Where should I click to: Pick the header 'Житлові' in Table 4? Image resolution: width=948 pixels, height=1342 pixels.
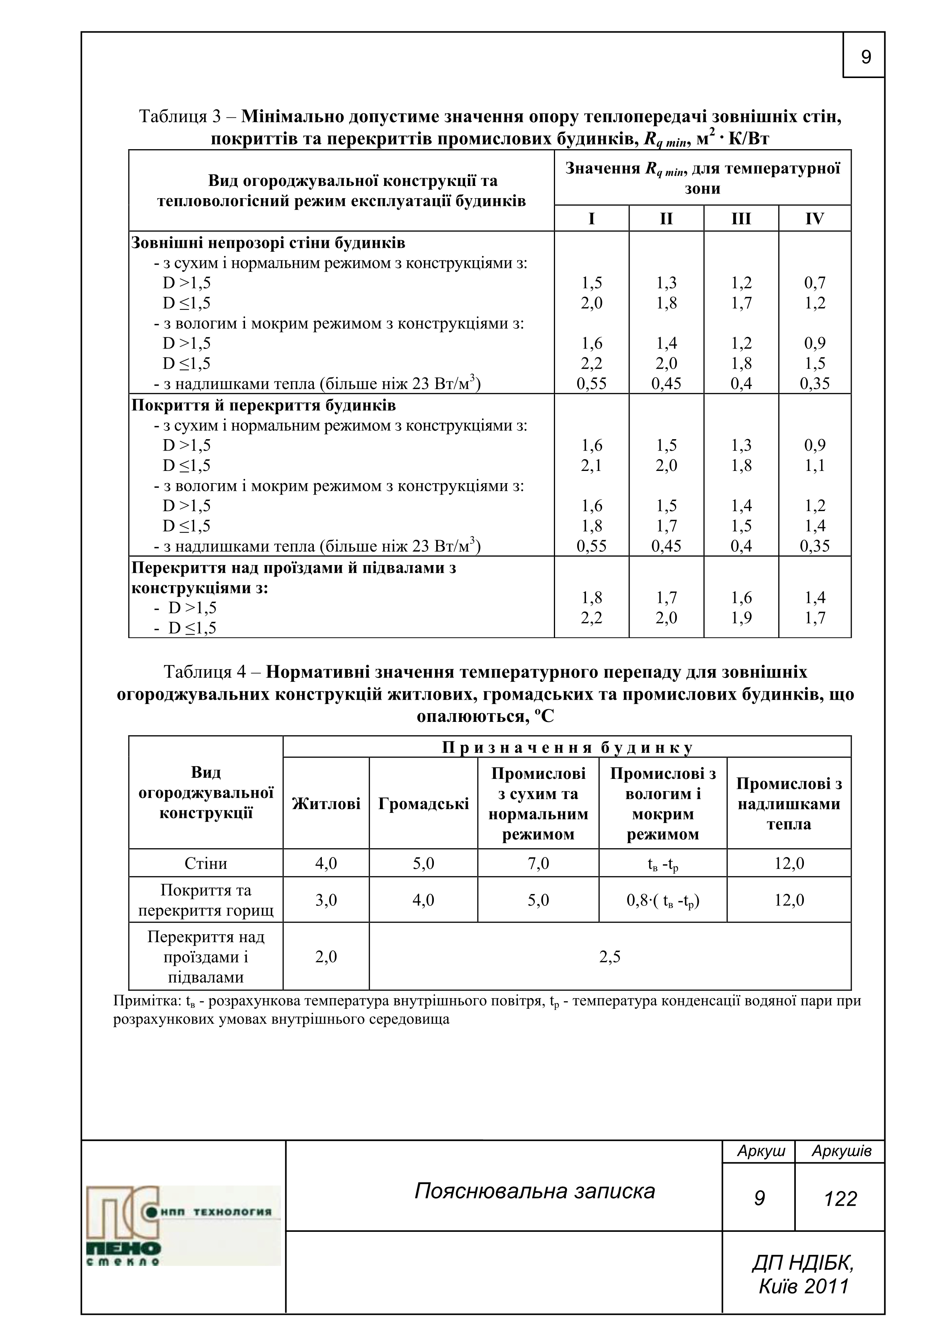point(326,804)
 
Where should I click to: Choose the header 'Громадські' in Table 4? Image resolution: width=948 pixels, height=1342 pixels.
point(424,804)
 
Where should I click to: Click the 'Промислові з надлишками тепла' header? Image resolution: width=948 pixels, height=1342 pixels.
point(789,804)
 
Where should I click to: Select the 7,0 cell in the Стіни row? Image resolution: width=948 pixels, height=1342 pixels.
point(537,863)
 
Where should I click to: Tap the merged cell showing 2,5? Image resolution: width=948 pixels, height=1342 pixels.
point(610,957)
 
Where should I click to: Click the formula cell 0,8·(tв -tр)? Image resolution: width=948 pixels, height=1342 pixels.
point(662,900)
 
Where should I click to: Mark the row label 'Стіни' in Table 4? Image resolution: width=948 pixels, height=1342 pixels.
point(206,863)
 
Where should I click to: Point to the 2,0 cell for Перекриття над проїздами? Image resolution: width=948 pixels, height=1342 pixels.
point(326,957)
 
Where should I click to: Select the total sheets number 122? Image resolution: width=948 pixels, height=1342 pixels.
point(840,1199)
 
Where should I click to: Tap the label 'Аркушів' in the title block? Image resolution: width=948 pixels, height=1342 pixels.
point(841,1151)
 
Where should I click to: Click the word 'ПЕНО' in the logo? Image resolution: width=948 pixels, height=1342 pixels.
point(124,1249)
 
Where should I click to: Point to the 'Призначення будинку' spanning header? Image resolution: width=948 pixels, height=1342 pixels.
point(567,748)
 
